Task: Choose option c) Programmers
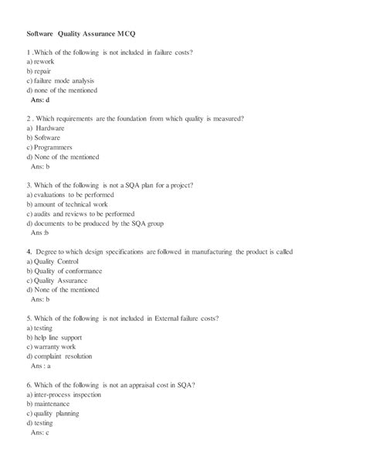coord(49,147)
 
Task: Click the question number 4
coord(28,251)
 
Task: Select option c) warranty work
coord(55,346)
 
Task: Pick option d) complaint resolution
coord(59,356)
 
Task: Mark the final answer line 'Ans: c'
coord(41,432)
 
